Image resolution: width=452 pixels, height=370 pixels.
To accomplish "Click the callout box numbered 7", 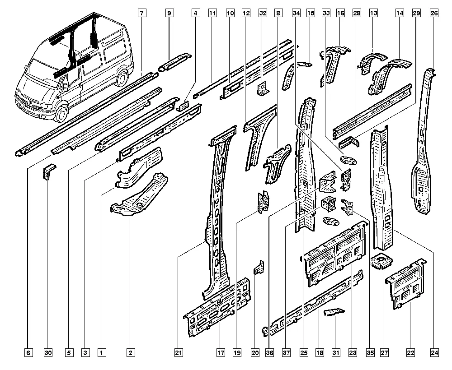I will [142, 13].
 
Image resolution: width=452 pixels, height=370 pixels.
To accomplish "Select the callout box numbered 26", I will [434, 13].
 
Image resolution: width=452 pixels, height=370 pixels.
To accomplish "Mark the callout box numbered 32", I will [263, 13].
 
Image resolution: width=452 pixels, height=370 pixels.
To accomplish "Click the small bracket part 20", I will [259, 267].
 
